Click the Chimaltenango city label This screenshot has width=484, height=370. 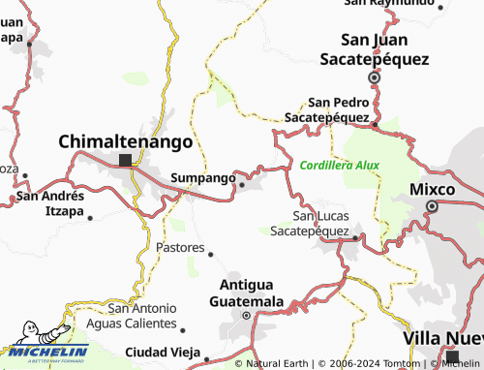[126, 141]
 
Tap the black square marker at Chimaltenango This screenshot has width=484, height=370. [125, 160]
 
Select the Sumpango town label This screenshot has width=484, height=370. [202, 178]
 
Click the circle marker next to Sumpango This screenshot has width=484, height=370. [239, 187]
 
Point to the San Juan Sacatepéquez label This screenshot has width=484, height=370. [375, 48]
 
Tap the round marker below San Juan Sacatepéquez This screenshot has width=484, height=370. [375, 77]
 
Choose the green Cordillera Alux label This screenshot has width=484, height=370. [340, 165]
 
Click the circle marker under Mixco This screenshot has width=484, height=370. [432, 206]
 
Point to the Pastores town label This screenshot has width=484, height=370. [180, 248]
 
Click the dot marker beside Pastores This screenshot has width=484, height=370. [210, 255]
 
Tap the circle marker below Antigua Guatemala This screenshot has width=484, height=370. [246, 315]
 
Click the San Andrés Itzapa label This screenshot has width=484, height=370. [50, 202]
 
